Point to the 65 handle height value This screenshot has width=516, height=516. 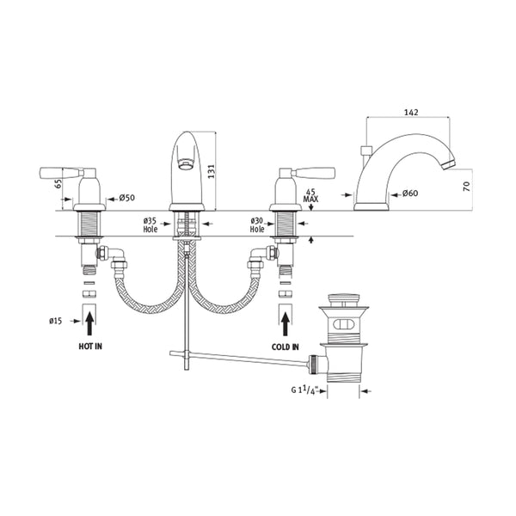click(57, 182)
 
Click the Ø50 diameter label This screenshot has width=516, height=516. click(126, 200)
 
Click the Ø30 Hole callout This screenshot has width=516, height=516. click(257, 225)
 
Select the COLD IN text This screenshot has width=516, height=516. click(285, 346)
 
